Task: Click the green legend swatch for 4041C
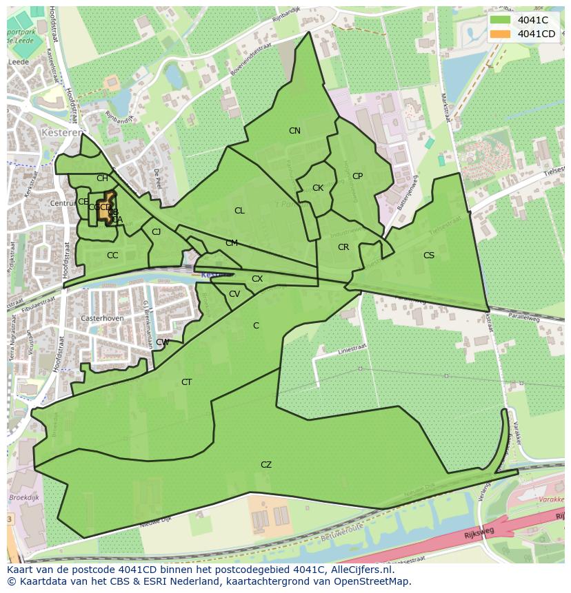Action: (501, 20)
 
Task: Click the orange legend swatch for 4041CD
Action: (501, 34)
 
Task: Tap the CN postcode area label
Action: (294, 131)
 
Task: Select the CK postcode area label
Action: (318, 188)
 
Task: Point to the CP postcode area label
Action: (357, 176)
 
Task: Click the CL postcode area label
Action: (239, 211)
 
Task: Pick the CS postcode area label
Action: (429, 256)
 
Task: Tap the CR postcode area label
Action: (343, 247)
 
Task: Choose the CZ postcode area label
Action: (266, 465)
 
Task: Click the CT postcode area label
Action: (186, 382)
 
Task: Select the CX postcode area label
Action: (257, 279)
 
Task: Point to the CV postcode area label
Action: (234, 294)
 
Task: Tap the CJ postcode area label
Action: (157, 232)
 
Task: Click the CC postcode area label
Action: (112, 256)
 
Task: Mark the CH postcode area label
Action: (102, 178)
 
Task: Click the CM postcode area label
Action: (232, 243)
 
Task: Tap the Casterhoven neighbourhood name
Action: (101, 319)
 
